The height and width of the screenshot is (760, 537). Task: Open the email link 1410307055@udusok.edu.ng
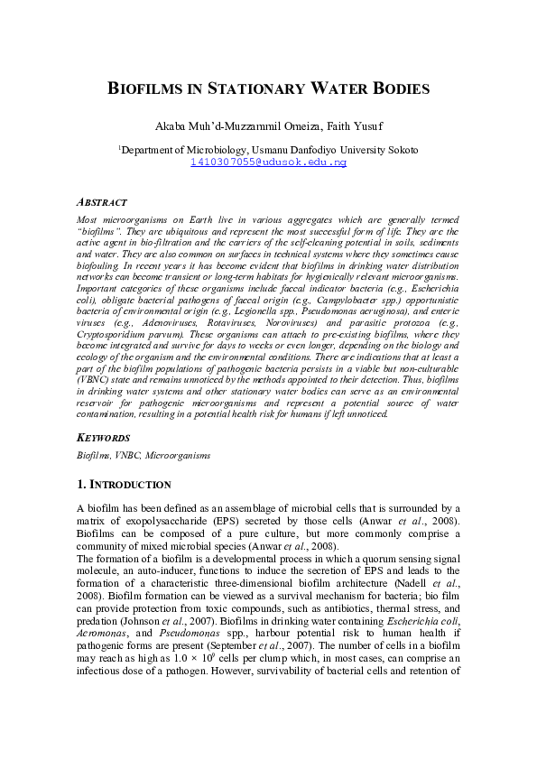[x=268, y=162]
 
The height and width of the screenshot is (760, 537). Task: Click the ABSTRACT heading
[x=101, y=203]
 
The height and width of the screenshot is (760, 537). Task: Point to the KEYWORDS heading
[x=104, y=437]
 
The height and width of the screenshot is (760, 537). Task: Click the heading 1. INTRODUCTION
[x=124, y=485]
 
